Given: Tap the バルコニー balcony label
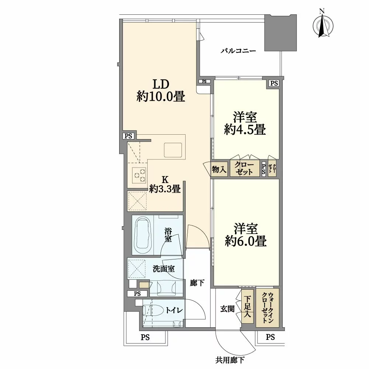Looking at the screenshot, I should pos(238,51).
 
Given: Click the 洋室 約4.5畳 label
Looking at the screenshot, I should pos(245,124).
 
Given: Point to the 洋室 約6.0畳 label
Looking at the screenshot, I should pos(245,235).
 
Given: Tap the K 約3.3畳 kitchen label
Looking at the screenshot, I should pos(165,184).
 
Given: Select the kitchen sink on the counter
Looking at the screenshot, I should pos(173,150).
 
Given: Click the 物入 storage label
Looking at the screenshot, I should pos(219,169).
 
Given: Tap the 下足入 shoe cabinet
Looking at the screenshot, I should pos(247,307).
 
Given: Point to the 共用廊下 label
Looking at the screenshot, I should pos(231,360).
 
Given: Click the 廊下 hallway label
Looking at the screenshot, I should pos(197,283).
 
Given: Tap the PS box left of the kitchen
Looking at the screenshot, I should pos(128,136).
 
